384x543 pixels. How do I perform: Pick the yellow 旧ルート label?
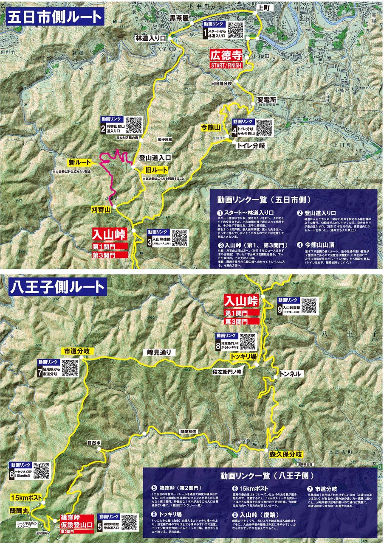pyautogui.click(x=155, y=170)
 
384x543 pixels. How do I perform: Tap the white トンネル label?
pyautogui.click(x=291, y=374)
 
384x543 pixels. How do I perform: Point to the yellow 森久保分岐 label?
pyautogui.click(x=285, y=453)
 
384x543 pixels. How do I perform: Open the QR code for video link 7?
pyautogui.click(x=70, y=367)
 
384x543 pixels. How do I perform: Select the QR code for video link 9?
pyautogui.click(x=309, y=306)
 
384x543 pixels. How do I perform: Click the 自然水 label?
pyautogui.click(x=94, y=442)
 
